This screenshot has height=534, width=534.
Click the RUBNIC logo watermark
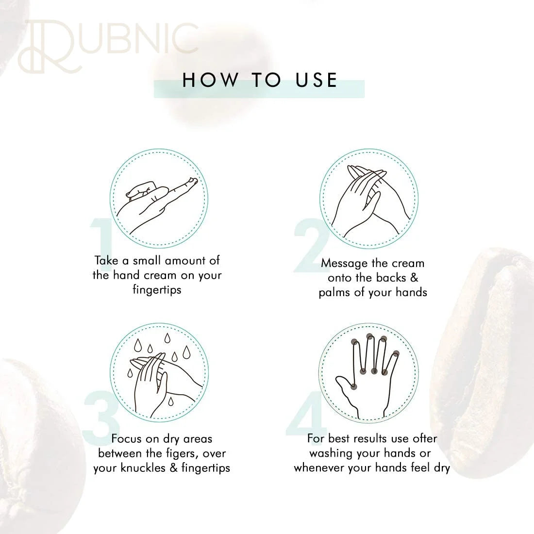(x=108, y=47)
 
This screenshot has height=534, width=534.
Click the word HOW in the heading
(x=211, y=81)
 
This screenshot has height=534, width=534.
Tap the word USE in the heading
(x=317, y=81)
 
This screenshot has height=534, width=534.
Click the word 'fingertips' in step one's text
(x=157, y=290)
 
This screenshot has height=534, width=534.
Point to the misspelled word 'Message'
(x=345, y=264)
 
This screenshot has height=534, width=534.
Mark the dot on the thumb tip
(x=354, y=386)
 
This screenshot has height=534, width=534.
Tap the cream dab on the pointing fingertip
(x=193, y=181)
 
